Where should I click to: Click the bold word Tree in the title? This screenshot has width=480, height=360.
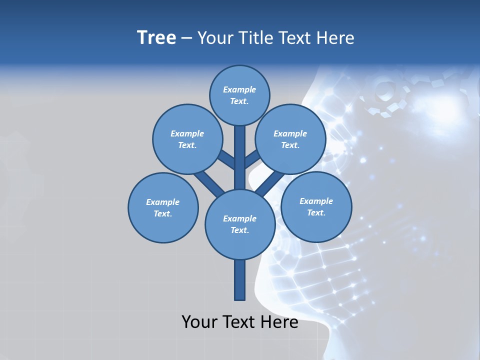click(156, 38)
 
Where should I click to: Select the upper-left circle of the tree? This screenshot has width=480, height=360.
click(187, 139)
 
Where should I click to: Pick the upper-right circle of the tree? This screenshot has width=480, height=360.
click(290, 139)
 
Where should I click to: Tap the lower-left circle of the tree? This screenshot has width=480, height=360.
click(163, 207)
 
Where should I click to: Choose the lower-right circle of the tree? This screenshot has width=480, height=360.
click(316, 206)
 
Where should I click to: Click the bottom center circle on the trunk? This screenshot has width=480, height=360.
click(239, 224)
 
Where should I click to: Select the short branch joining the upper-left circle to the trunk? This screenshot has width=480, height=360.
click(226, 160)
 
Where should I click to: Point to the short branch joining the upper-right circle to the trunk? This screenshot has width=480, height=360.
click(252, 159)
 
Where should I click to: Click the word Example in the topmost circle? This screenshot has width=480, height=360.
click(239, 89)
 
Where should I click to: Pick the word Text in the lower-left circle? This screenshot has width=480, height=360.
click(162, 213)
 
